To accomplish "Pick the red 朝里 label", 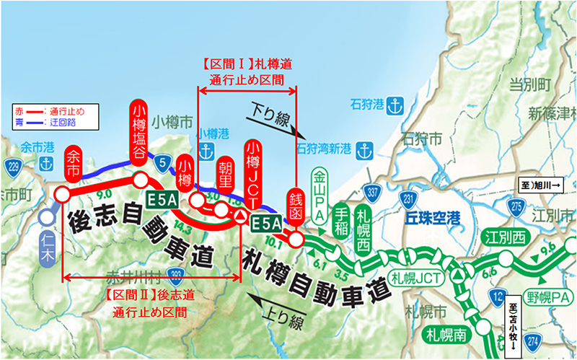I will (226, 174).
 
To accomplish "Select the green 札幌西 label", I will (363, 216).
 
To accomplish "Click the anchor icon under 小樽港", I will (206, 152).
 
